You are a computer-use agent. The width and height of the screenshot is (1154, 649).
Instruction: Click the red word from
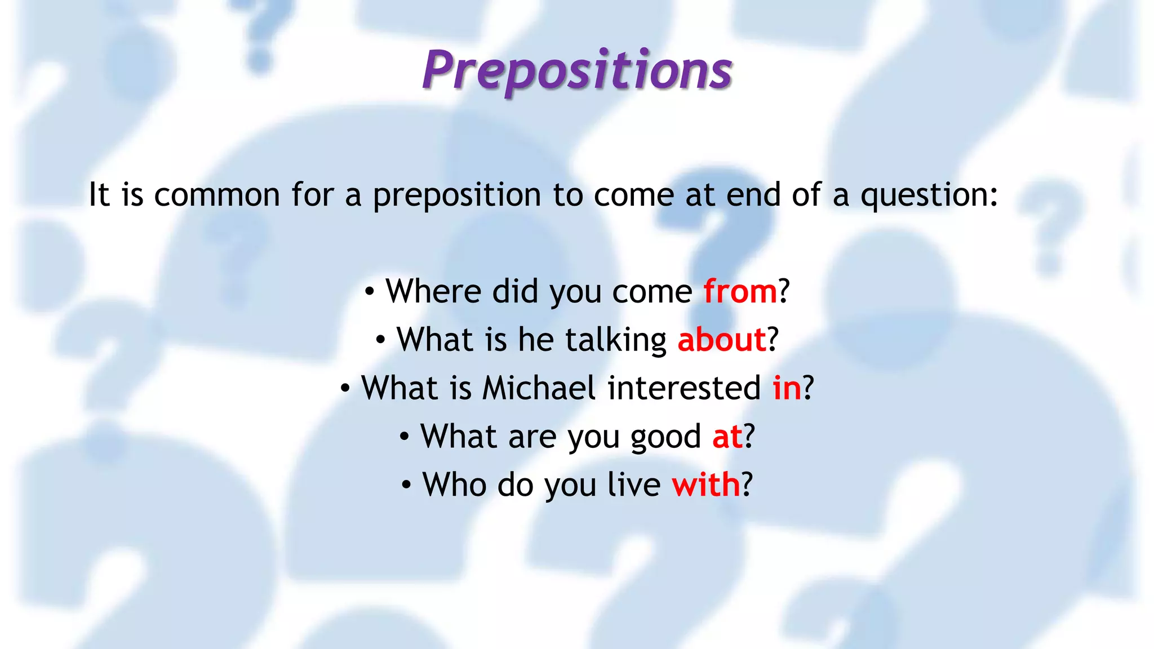pos(740,292)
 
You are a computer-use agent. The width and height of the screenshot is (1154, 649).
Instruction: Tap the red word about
pos(721,340)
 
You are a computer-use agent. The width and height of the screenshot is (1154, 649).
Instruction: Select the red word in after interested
pos(787,389)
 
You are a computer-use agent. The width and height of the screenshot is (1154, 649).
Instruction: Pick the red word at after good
pos(727,437)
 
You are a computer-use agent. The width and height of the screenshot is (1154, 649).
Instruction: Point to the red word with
pos(705,485)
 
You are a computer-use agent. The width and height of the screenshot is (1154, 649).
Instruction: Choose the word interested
pos(684,389)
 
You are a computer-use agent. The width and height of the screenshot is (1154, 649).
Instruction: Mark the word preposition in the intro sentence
pos(456,196)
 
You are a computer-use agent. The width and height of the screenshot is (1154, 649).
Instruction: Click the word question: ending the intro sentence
pos(929,196)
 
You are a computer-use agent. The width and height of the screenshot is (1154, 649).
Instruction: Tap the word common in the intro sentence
pos(217,196)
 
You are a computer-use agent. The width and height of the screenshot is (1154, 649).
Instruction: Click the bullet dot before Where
pos(369,292)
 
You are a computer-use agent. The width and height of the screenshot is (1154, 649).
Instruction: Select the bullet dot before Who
pos(406,485)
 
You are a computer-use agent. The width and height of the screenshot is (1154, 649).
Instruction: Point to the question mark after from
pos(784,292)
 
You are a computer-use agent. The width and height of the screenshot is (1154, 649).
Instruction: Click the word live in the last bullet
pos(633,485)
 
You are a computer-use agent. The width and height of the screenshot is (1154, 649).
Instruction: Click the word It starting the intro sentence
pos(99,195)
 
